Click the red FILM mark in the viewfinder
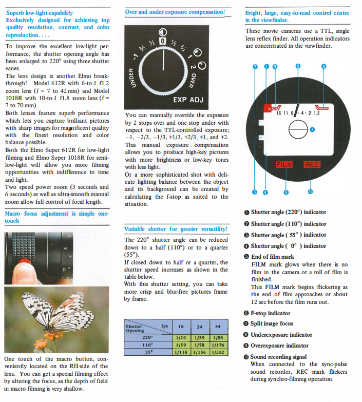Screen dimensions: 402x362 [284, 164]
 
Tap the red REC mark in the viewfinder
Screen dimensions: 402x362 [312, 164]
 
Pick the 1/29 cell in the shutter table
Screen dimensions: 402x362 [180, 337]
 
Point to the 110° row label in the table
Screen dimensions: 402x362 [147, 346]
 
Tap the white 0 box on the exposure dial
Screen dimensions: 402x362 [162, 40]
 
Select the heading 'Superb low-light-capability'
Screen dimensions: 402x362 [39, 12]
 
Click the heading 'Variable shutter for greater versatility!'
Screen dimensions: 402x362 [176, 228]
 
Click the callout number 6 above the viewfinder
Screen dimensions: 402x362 [298, 66]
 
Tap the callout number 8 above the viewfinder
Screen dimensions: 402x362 [323, 66]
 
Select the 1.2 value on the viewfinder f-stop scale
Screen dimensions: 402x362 [316, 113]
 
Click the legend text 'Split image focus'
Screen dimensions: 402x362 [272, 323]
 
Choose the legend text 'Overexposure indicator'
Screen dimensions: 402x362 [279, 346]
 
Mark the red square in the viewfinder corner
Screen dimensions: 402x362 [268, 107]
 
